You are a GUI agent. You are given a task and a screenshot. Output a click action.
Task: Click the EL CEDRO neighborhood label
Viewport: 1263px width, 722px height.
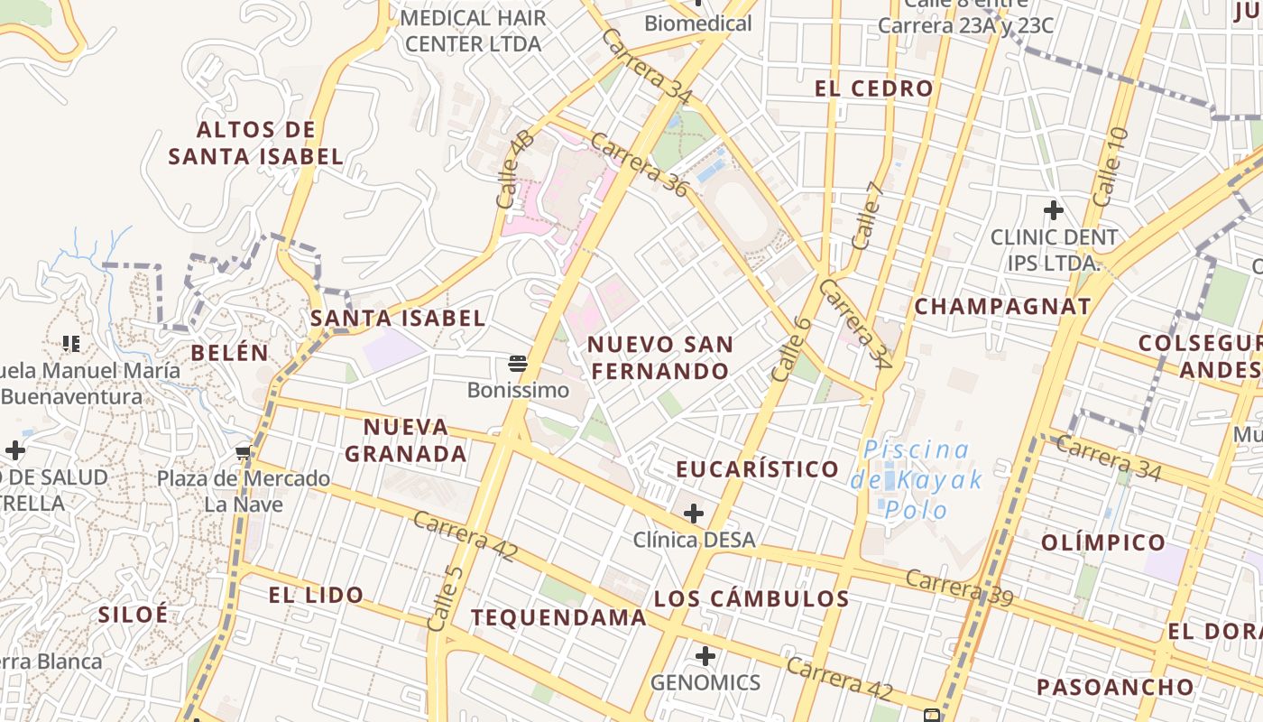873,88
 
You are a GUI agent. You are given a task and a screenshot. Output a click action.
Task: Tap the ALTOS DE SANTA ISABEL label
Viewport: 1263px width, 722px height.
256,143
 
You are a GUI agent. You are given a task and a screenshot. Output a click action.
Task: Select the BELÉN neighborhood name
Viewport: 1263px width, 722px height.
230,353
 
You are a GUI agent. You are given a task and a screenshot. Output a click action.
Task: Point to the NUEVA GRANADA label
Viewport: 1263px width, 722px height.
406,440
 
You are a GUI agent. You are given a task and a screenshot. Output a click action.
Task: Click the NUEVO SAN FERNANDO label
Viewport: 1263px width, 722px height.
660,357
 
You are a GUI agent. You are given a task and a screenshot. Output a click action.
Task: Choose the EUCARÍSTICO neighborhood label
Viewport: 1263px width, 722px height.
758,469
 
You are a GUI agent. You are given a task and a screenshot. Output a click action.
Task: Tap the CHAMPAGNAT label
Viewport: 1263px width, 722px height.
1003,307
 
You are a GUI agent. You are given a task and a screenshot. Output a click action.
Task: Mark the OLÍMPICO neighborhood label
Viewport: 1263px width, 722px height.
1103,542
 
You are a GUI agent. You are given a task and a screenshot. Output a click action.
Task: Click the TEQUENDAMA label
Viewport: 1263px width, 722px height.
558,618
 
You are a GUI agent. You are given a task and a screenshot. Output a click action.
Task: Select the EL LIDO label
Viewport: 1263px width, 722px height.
316,596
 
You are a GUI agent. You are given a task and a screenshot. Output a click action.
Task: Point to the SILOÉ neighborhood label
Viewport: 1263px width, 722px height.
133,615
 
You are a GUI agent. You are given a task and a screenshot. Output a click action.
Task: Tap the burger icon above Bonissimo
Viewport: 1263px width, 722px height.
518,364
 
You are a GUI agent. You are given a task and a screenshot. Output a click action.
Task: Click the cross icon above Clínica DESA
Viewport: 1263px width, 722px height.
693,514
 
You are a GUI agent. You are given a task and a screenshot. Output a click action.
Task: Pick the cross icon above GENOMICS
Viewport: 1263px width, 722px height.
705,656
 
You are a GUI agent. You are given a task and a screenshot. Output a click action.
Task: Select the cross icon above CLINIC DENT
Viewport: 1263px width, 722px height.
1053,211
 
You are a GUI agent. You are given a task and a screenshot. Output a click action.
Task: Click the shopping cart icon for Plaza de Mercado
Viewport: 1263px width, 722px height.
243,452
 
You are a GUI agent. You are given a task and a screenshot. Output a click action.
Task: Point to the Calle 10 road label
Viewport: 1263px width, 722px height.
1110,167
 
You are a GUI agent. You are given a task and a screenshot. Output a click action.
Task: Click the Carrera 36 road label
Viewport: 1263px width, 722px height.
641,167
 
